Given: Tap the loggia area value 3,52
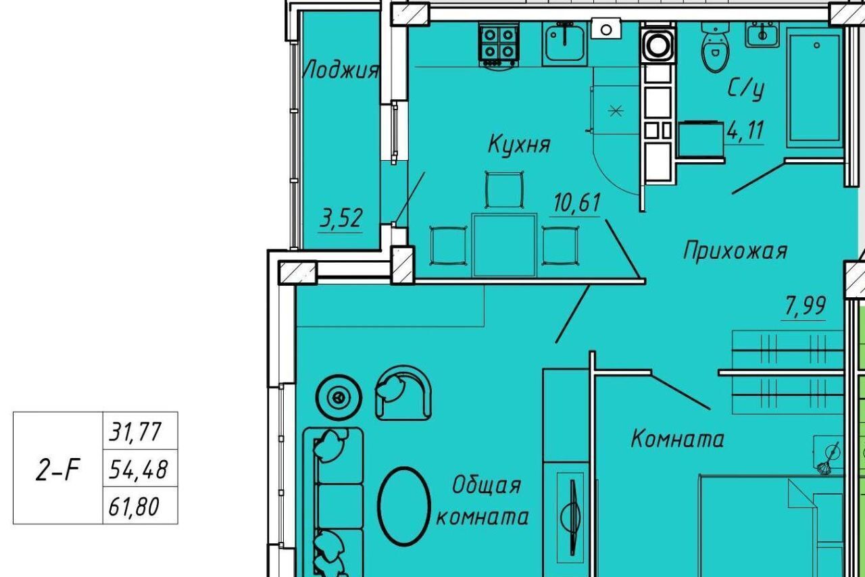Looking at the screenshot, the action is (x=341, y=219).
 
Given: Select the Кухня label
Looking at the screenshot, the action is (x=519, y=144).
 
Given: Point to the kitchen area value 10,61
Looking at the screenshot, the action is (x=577, y=203).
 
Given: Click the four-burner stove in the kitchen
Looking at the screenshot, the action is (x=499, y=45).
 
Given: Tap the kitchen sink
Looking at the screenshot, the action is (x=564, y=43).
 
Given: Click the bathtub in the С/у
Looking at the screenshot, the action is (x=814, y=87).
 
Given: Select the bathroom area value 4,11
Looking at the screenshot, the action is (x=745, y=130).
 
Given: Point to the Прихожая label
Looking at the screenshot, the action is (x=735, y=251).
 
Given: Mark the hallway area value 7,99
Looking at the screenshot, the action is (x=805, y=305).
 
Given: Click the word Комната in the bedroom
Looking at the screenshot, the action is (x=677, y=439).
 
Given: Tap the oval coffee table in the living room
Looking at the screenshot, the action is (x=403, y=506).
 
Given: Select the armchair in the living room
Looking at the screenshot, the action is (x=403, y=393).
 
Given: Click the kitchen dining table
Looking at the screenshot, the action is (x=504, y=245).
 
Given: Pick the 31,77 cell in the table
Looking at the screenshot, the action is (x=140, y=430).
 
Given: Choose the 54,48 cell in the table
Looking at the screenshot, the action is (x=140, y=468).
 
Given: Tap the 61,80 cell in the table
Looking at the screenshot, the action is (x=140, y=505).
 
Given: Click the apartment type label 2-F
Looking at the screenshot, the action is (x=57, y=470).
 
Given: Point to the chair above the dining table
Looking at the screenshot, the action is (x=504, y=190).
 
